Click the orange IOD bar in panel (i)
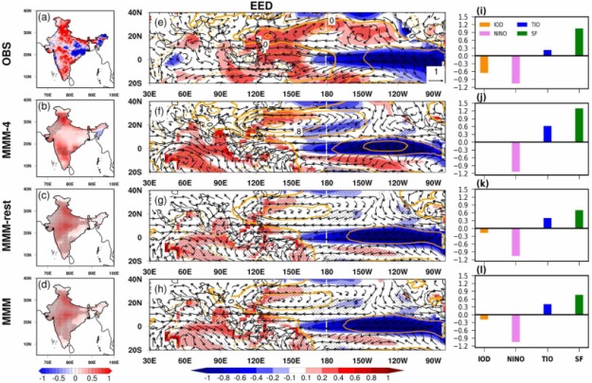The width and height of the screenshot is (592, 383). point(484,64)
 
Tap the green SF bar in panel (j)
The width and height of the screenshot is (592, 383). point(552,124)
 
